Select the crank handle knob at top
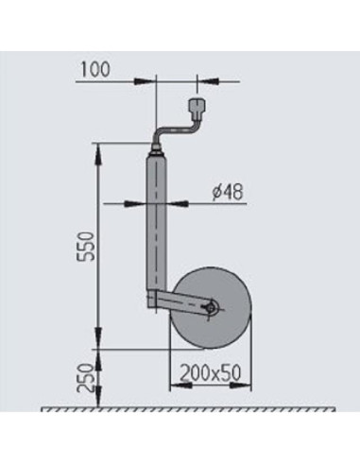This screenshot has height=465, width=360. point(197,102)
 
